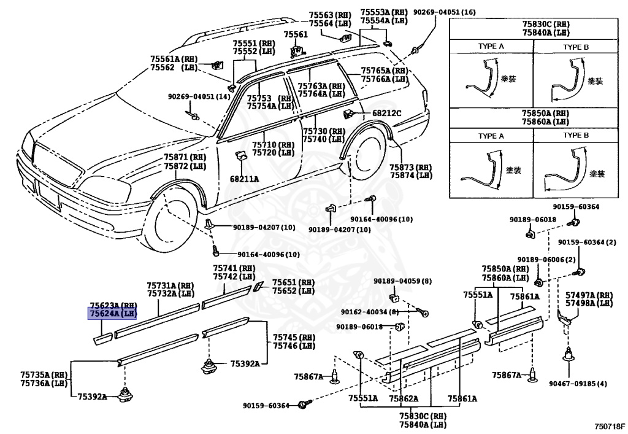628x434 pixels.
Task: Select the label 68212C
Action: tap(386, 113)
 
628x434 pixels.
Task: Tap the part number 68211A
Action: tap(244, 179)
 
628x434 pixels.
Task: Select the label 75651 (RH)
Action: tap(293, 282)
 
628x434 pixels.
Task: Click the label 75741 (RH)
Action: tap(234, 268)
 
